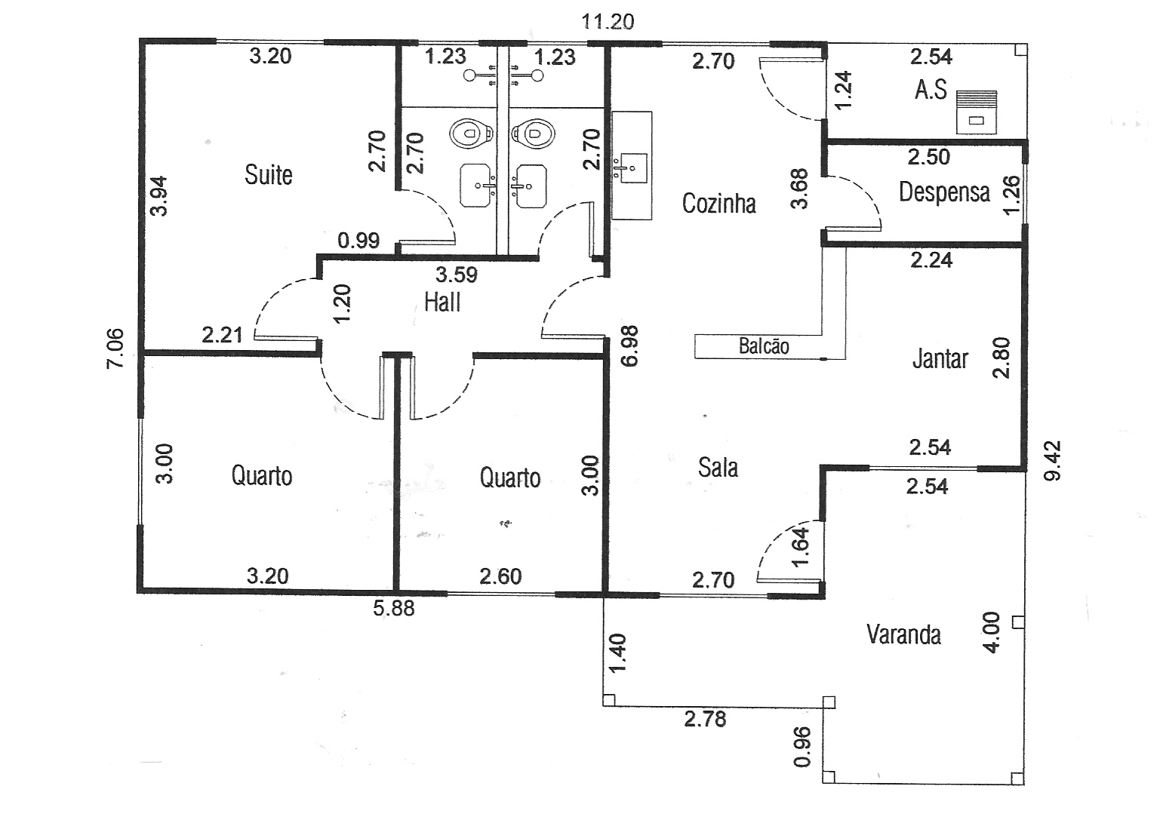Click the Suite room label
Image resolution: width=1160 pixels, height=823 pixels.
click(269, 175)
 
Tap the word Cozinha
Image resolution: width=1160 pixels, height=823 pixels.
click(718, 203)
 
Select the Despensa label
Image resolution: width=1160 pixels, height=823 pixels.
click(944, 192)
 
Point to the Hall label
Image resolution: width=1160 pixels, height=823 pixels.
click(442, 302)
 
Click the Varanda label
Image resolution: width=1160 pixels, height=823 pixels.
click(903, 634)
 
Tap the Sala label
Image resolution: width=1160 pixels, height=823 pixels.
click(718, 468)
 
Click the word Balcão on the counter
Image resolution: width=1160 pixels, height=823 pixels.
click(764, 346)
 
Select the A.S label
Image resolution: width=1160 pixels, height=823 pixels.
click(931, 90)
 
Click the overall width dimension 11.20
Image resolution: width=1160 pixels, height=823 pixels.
click(608, 21)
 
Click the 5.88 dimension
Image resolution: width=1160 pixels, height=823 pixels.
click(394, 608)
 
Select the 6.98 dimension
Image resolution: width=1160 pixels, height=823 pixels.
click(629, 345)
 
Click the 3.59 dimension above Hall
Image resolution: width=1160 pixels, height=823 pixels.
click(457, 274)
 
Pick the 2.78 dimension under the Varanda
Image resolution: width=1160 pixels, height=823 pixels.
click(705, 719)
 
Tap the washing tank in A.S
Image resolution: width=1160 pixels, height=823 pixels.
click(977, 112)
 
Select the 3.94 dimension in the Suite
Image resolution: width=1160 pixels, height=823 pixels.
click(159, 195)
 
